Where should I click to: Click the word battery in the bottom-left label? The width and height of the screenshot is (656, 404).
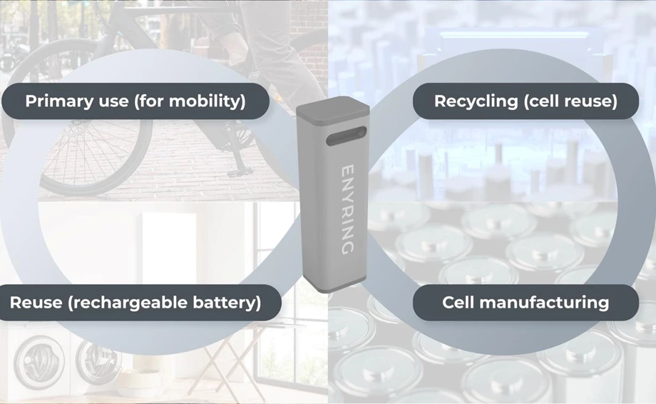(x=227, y=302)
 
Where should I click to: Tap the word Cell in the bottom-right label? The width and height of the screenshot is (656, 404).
(x=458, y=302)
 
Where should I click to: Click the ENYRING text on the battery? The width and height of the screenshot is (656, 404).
(x=347, y=208)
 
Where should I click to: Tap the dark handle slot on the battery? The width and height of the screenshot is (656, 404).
(x=346, y=136)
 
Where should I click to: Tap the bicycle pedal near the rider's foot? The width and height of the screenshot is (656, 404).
(x=237, y=171)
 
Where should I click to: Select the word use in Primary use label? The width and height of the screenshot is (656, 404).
(x=113, y=101)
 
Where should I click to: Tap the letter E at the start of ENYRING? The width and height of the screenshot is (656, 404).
(x=347, y=171)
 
